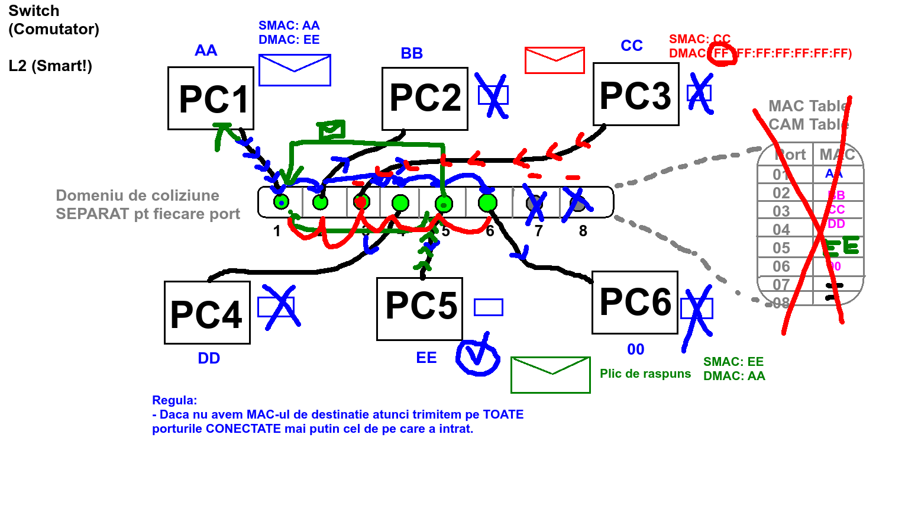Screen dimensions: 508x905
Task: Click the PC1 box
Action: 211,98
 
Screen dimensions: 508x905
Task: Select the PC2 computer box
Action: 425,98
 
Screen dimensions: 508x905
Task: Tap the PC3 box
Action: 636,95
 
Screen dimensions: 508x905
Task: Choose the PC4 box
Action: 207,313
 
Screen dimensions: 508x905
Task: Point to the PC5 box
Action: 419,308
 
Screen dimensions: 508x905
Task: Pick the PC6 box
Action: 635,303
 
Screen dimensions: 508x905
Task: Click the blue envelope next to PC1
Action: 295,70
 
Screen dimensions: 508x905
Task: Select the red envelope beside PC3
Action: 554,60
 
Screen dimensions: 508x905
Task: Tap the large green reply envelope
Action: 550,375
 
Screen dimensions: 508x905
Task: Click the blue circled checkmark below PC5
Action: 477,356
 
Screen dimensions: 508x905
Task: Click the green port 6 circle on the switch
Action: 487,203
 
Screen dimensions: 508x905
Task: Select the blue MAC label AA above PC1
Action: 206,51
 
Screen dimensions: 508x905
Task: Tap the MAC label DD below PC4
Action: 209,358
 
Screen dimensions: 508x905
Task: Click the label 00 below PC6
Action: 636,349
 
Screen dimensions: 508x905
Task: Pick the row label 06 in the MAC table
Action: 781,266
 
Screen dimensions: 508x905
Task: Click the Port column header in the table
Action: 791,155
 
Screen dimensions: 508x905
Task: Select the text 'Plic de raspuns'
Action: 645,374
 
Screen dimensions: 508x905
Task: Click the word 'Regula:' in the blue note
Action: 174,400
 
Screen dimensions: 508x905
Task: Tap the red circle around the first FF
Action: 723,54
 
